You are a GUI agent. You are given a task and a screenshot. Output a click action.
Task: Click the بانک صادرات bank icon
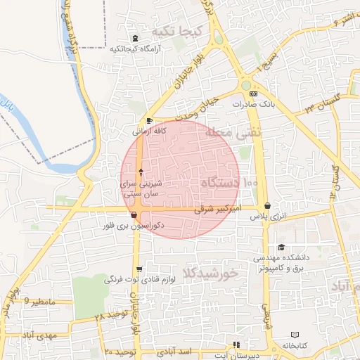[254, 94]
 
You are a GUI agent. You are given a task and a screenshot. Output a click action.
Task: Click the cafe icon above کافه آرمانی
[149, 121]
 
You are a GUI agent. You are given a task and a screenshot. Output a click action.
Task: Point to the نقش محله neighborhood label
[233, 131]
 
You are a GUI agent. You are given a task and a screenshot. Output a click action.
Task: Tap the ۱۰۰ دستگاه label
[230, 183]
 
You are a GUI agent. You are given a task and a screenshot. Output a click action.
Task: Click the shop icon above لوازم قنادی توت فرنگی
[139, 269]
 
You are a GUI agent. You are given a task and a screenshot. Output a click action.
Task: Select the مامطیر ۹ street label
[39, 301]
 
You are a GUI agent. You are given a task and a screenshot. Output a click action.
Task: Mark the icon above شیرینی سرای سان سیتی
[141, 172]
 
